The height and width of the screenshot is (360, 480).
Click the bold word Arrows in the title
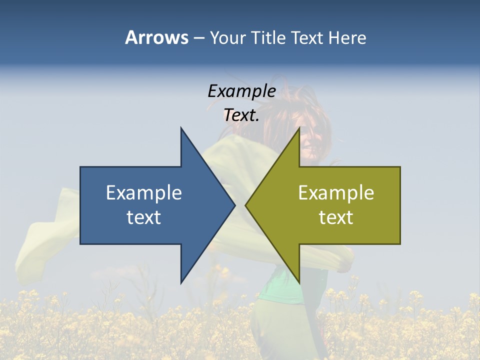coord(156,37)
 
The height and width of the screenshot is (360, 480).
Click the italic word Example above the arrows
coord(241,91)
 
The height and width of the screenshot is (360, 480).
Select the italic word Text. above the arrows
coord(241,115)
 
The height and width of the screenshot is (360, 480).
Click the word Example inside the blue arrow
coord(144,193)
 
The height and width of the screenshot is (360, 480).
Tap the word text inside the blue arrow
coord(144,217)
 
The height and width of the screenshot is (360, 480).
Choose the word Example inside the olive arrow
coord(336,193)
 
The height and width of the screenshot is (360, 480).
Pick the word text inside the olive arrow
coord(336,217)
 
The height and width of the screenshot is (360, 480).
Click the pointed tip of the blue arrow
coord(234,205)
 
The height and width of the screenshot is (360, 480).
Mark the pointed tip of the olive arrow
coord(246,205)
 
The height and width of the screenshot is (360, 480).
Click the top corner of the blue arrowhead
coord(181,128)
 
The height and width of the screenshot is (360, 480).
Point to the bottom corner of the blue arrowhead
coord(181,282)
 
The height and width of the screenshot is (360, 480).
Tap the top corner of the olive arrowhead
coord(299,128)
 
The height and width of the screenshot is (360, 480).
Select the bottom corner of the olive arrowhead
coord(299,282)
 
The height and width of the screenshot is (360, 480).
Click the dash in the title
coord(198,38)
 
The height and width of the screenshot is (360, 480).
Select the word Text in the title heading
coord(307,37)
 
